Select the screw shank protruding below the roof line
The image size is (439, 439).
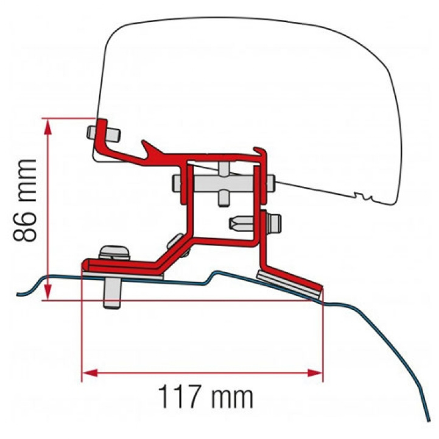click(x=112, y=295)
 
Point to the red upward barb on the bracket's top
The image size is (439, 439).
click(x=147, y=147)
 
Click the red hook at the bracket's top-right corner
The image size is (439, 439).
click(x=261, y=152)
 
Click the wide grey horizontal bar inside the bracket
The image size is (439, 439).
click(x=222, y=181)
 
